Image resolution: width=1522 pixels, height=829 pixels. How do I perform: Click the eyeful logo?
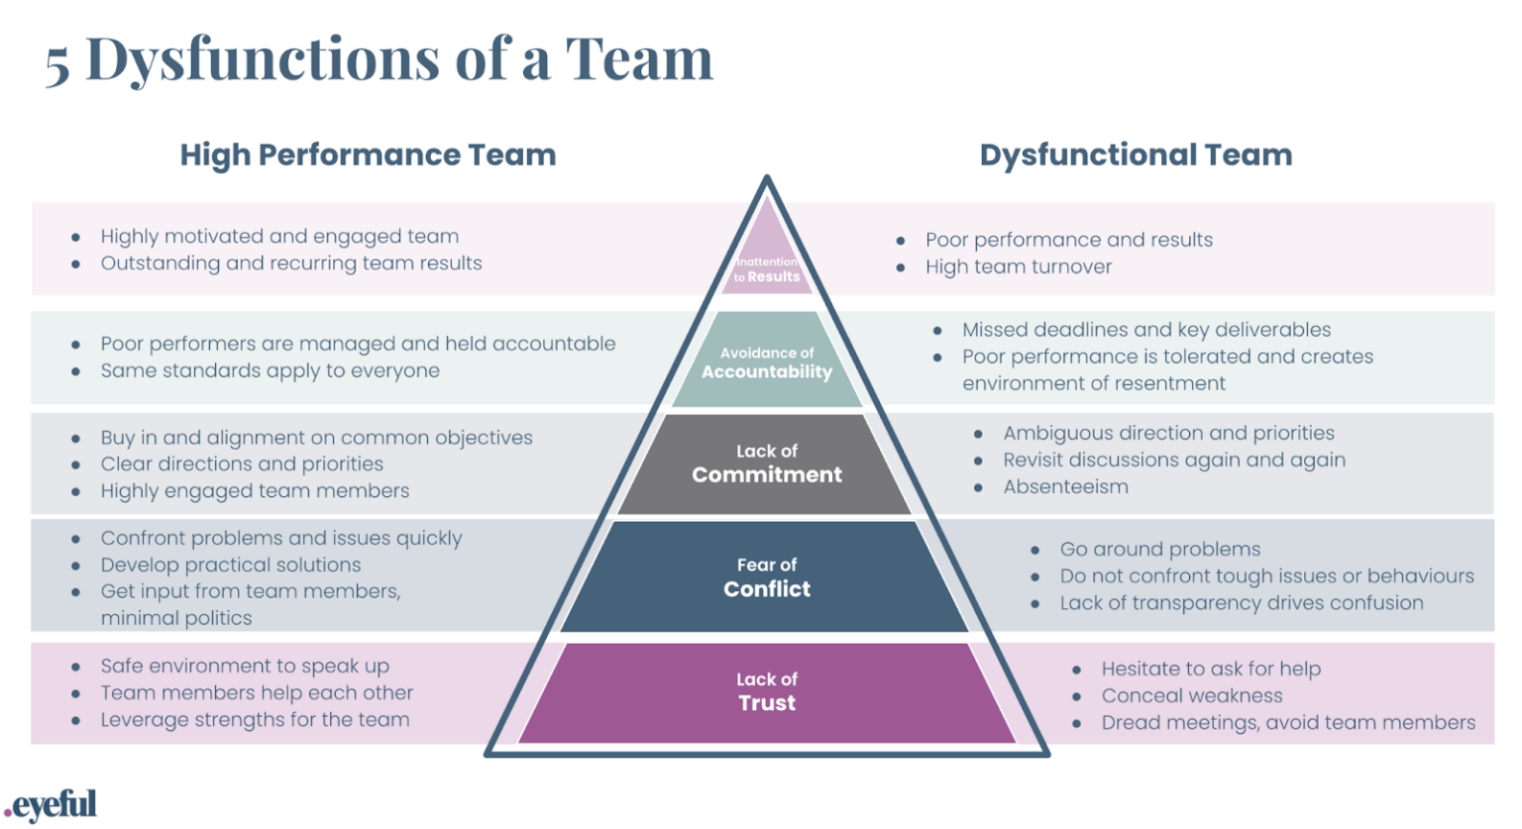(52, 804)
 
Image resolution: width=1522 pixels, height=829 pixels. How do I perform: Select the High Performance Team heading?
(368, 155)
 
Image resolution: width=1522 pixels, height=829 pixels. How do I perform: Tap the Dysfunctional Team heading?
(1136, 155)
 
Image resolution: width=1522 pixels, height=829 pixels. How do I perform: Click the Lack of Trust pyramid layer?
(767, 692)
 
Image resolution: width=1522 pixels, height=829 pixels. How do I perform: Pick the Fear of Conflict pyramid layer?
(767, 577)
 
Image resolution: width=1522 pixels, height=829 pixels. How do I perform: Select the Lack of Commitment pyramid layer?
(767, 464)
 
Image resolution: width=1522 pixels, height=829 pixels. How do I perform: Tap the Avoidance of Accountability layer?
(767, 363)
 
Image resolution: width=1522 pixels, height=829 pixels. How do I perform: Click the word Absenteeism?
(1065, 487)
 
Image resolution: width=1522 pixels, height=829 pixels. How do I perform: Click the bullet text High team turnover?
(1018, 267)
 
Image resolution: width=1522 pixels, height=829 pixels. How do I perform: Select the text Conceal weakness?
(1191, 696)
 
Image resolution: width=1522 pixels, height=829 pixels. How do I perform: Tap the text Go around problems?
(1159, 550)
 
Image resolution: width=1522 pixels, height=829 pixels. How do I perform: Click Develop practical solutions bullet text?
(230, 566)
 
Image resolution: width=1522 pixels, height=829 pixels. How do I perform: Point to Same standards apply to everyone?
(270, 371)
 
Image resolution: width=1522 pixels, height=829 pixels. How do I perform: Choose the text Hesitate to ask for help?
(1210, 670)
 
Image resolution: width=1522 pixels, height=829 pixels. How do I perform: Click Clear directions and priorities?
(241, 465)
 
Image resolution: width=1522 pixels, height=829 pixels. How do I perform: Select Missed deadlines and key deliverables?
(1145, 330)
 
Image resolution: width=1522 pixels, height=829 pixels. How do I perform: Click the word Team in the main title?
(639, 59)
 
